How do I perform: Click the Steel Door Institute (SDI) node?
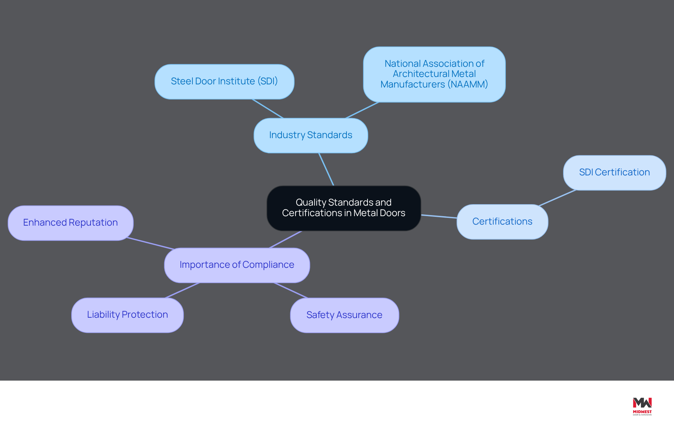click(224, 82)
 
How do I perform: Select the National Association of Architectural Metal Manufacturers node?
click(434, 75)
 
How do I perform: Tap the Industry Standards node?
click(311, 135)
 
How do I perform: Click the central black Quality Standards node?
click(344, 208)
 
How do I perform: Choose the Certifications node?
click(502, 222)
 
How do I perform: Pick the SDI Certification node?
click(614, 173)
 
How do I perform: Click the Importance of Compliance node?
click(237, 265)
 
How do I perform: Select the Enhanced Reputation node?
click(71, 223)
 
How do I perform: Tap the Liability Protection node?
click(127, 315)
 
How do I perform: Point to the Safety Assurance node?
click(344, 315)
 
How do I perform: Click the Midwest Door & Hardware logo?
click(642, 407)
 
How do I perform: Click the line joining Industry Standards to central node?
click(326, 169)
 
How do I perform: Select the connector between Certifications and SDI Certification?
click(557, 198)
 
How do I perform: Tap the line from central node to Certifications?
click(439, 216)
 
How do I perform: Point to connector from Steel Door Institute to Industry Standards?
click(267, 109)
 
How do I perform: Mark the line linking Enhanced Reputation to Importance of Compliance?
click(151, 243)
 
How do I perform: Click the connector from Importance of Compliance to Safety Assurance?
click(291, 290)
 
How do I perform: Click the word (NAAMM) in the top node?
click(468, 84)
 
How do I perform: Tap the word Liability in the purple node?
click(104, 315)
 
